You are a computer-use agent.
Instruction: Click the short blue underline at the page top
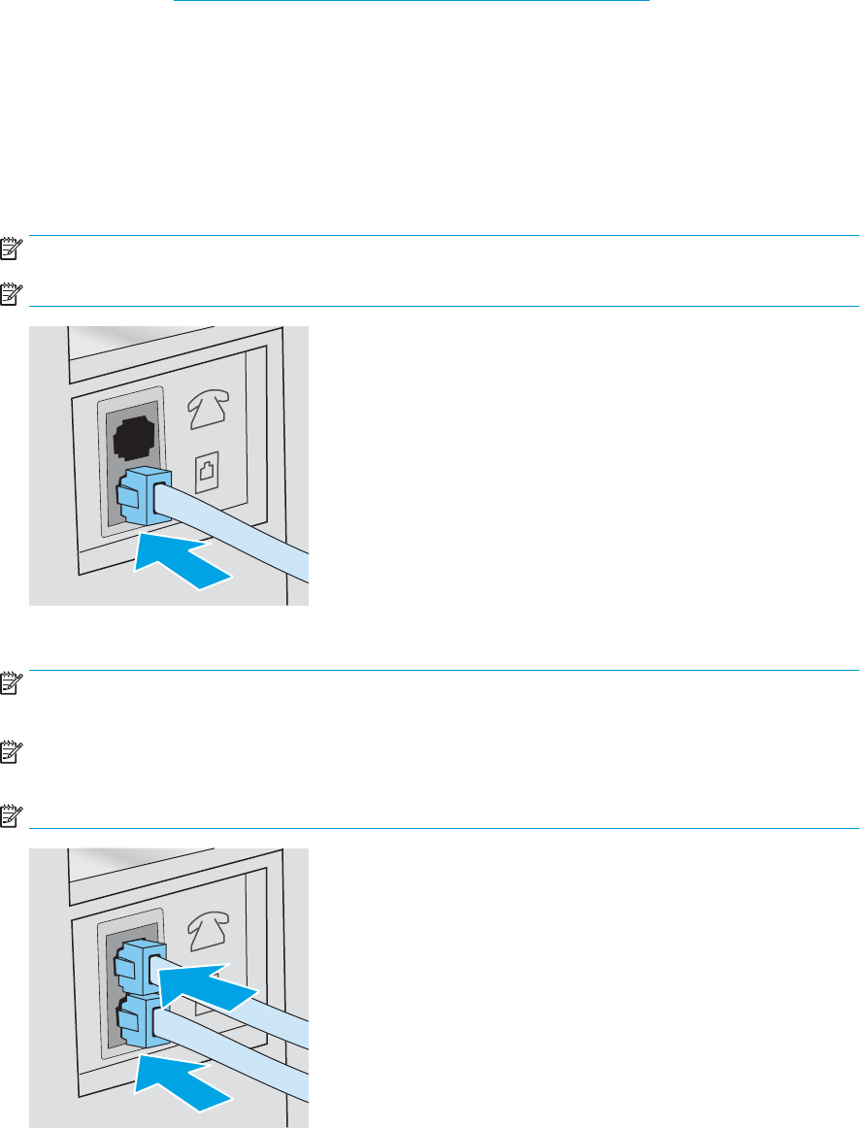click(x=411, y=2)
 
